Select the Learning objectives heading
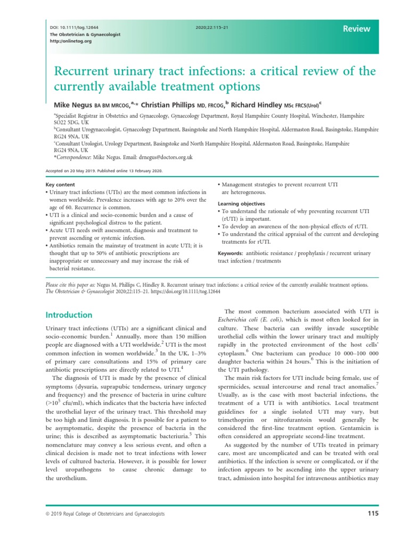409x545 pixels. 241,204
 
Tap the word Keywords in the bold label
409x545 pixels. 231,253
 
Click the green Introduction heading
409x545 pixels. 69,315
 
